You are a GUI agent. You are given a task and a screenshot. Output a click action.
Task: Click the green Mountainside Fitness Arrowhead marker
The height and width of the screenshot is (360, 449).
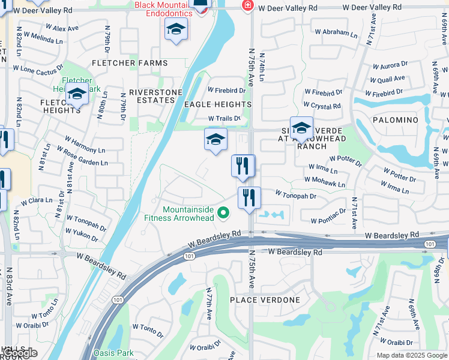tap(224, 213)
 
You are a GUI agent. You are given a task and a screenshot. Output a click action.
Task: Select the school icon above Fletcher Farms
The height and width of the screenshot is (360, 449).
tap(176, 29)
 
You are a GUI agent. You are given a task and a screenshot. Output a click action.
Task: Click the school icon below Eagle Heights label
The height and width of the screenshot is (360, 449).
tap(215, 140)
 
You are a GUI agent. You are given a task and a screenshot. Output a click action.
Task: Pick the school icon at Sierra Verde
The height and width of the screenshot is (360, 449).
tap(301, 128)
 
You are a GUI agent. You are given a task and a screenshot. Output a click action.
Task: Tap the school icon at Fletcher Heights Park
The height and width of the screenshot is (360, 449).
tap(77, 94)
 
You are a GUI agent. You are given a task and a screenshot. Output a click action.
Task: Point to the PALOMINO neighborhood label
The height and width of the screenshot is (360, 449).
tap(395, 120)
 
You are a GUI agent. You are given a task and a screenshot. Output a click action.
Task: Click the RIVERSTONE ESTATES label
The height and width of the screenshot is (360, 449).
tap(155, 96)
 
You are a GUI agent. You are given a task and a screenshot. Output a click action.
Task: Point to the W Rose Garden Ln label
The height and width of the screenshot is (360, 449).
tap(82, 159)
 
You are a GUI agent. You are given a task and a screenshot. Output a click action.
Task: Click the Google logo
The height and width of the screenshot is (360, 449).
tap(20, 353)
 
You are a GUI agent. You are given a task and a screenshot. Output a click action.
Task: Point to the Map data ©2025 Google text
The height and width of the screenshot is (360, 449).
tap(411, 355)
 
